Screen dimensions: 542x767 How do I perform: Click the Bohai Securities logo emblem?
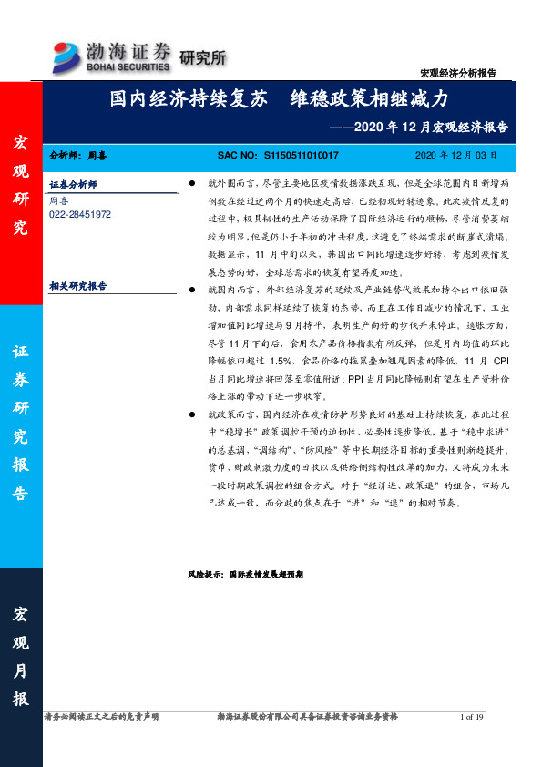tap(66, 54)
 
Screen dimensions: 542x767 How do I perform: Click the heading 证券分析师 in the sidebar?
tap(73, 184)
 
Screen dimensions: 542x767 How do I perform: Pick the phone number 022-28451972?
tap(80, 214)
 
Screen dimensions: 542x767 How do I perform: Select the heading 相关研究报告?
tap(77, 286)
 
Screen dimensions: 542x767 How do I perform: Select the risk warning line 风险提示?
tap(245, 576)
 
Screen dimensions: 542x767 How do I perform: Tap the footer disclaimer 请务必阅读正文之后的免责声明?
tap(101, 719)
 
